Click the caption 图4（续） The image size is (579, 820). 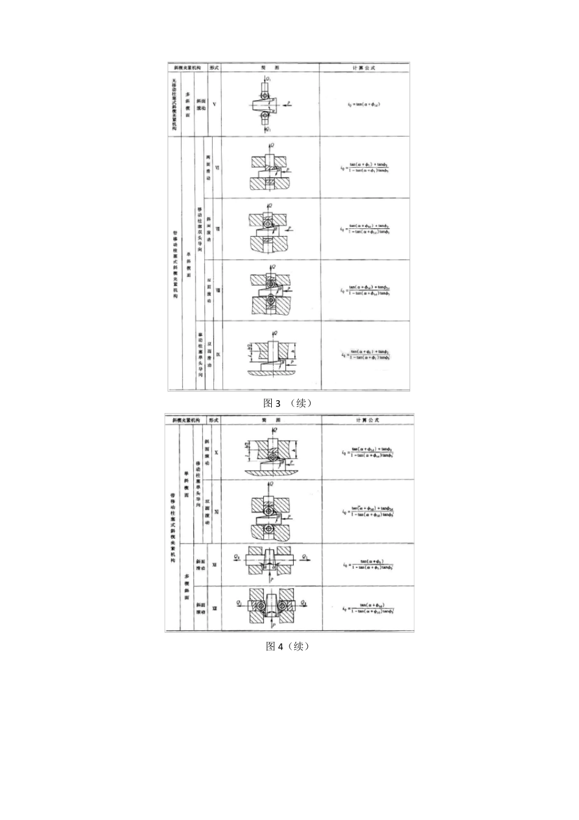click(288, 646)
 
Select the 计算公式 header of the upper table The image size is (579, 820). click(364, 68)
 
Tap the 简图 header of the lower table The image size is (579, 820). click(271, 420)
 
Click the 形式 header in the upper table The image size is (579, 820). click(214, 68)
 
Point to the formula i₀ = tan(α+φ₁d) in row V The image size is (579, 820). click(364, 104)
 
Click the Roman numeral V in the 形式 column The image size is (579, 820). click(214, 104)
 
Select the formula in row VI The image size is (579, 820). click(365, 167)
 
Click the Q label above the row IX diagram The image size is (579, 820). click(277, 333)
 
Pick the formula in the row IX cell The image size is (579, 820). click(365, 354)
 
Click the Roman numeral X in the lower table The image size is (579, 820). click(216, 453)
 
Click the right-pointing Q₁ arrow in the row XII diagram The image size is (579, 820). click(305, 557)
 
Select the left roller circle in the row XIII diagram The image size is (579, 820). click(260, 606)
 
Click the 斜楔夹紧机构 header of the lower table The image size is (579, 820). click(186, 420)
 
